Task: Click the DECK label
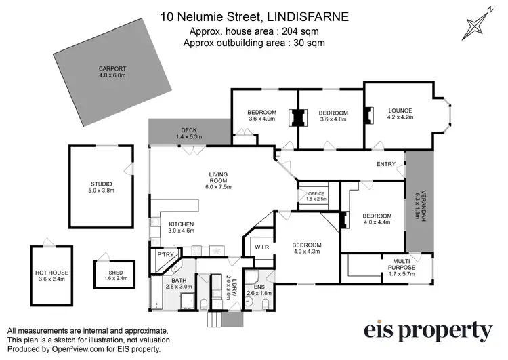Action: (x=188, y=130)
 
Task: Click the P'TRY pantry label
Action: (x=167, y=254)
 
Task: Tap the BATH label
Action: (x=179, y=280)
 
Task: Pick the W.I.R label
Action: (x=262, y=247)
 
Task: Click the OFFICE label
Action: (x=317, y=194)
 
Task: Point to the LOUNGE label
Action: (x=400, y=111)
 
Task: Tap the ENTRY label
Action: (x=386, y=164)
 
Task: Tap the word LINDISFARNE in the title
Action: (x=312, y=15)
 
